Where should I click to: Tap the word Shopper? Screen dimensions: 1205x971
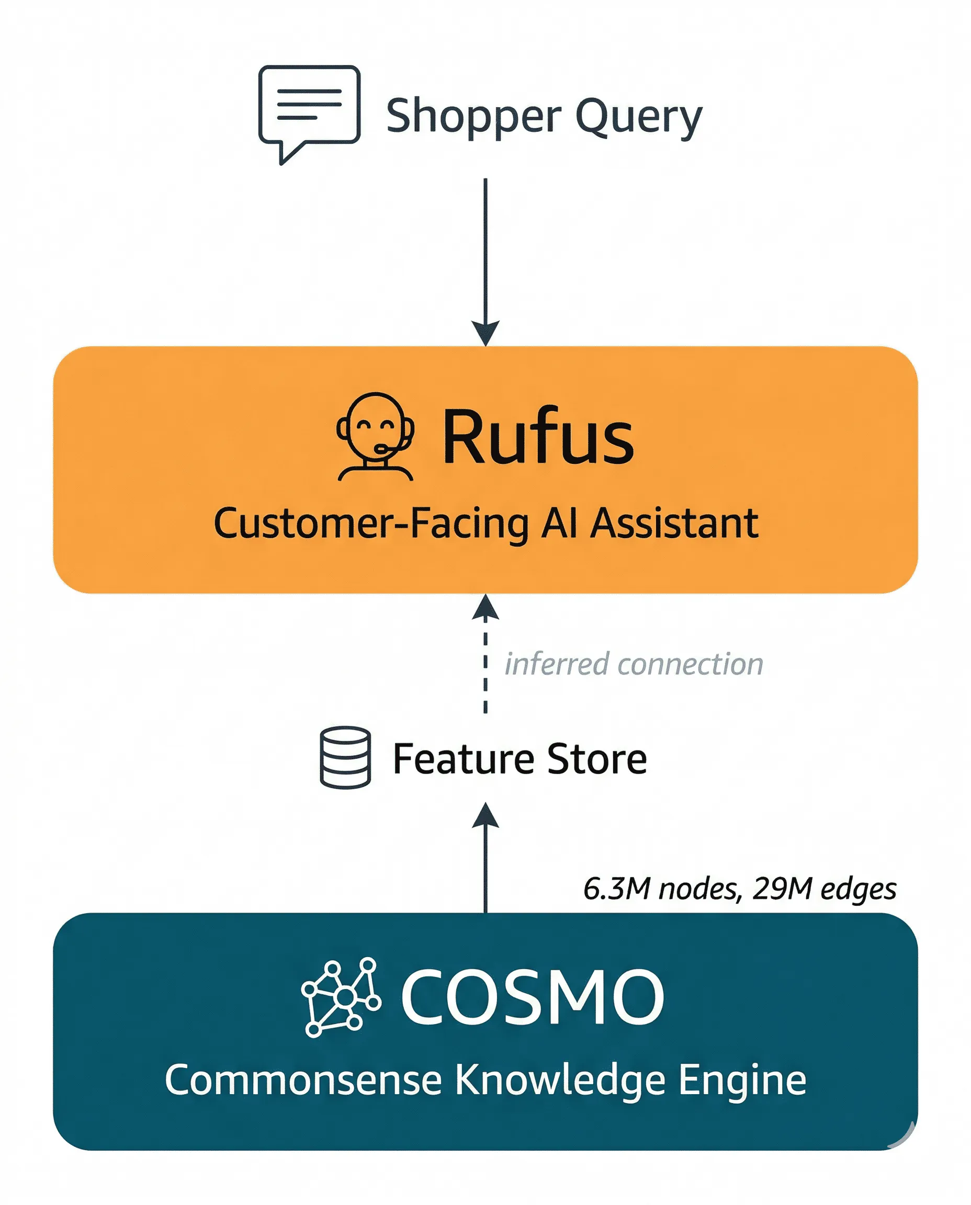(x=473, y=116)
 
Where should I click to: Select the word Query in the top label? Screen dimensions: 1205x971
(x=638, y=116)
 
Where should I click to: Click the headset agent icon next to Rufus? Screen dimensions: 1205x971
(x=375, y=437)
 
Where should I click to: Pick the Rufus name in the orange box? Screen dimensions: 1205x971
(x=538, y=437)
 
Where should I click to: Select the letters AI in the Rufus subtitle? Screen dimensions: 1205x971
(x=559, y=524)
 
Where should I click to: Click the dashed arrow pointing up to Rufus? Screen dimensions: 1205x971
(x=486, y=654)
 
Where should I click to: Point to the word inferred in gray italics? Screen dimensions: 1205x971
(x=556, y=664)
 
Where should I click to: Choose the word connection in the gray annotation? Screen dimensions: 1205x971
(x=690, y=664)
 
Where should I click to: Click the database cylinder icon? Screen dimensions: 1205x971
(x=345, y=758)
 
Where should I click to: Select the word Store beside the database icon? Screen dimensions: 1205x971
(x=597, y=759)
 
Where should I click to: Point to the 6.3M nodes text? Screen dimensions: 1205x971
(x=663, y=889)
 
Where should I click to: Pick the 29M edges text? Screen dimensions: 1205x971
(x=824, y=889)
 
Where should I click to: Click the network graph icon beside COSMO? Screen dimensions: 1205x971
(x=341, y=997)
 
